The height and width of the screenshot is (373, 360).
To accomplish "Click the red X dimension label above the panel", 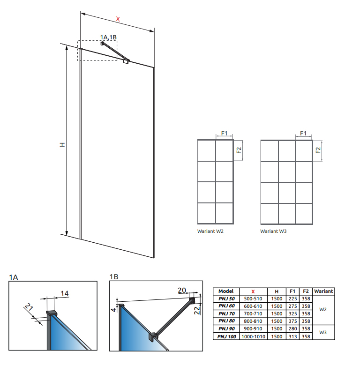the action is [118, 19].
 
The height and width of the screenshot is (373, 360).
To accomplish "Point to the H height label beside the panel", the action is [62, 144].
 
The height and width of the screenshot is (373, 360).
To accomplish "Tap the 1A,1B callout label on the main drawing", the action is [108, 37].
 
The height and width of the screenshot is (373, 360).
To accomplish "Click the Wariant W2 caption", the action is [210, 231].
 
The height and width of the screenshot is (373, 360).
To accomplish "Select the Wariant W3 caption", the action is [273, 231].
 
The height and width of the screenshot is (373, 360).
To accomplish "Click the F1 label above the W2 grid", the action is [224, 133].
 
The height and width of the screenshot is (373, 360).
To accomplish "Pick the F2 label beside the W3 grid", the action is [318, 150].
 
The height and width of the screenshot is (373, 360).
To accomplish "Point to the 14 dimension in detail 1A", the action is [65, 293].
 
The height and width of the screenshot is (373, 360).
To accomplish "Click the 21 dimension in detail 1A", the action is [29, 307].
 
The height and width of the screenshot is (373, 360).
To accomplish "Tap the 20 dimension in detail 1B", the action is [182, 290].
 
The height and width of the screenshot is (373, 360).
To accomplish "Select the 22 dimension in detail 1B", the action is [197, 310].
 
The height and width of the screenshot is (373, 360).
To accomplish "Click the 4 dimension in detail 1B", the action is [114, 309].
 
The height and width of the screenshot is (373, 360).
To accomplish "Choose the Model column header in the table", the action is [226, 291].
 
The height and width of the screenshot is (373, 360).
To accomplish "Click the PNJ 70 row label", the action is [226, 313].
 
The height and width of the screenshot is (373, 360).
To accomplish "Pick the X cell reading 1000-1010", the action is [253, 336].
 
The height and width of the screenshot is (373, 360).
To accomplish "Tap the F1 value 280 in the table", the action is [292, 329].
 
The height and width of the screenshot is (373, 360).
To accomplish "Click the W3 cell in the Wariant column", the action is [323, 332].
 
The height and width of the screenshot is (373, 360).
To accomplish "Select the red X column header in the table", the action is [253, 291].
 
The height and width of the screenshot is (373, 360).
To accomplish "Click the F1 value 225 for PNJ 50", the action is [292, 298].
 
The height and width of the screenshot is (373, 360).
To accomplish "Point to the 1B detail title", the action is [114, 276].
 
